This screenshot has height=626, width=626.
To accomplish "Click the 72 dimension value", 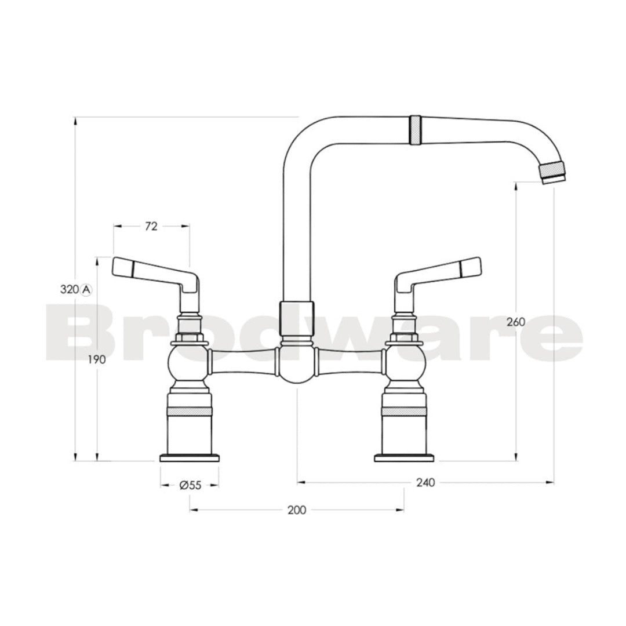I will (151, 227).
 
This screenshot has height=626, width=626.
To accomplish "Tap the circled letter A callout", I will (86, 289).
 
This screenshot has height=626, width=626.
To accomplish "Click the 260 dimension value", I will (515, 322).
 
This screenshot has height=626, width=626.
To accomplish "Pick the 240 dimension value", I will (425, 482).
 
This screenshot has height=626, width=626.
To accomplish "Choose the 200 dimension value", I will (296, 510).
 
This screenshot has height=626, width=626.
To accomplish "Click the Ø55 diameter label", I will (190, 486).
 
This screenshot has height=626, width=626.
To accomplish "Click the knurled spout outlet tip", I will (552, 172).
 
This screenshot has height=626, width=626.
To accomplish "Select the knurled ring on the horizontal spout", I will (416, 130).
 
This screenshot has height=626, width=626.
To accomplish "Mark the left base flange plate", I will (190, 458).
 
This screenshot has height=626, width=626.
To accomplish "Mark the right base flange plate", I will (405, 458).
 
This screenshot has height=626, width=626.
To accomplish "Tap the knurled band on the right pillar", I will (405, 410).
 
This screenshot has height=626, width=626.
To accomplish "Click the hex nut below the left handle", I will (190, 338).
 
